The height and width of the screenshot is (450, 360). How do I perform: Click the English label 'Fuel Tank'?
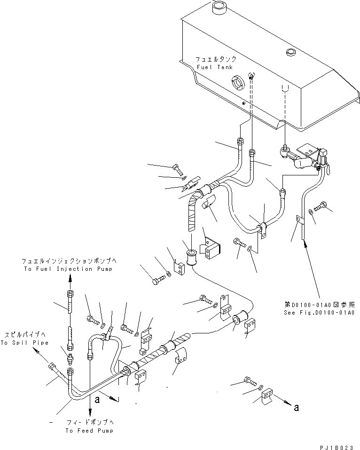(x=211, y=67)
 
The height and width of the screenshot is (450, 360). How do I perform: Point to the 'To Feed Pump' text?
(x=90, y=431)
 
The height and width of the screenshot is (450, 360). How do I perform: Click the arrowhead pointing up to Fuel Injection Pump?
(x=70, y=279)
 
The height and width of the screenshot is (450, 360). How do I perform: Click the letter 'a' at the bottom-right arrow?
(x=296, y=408)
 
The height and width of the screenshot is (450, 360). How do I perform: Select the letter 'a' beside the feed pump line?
(x=97, y=400)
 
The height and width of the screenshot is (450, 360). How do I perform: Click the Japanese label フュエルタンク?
(x=216, y=60)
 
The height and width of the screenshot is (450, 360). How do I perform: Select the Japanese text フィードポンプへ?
(x=90, y=423)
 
